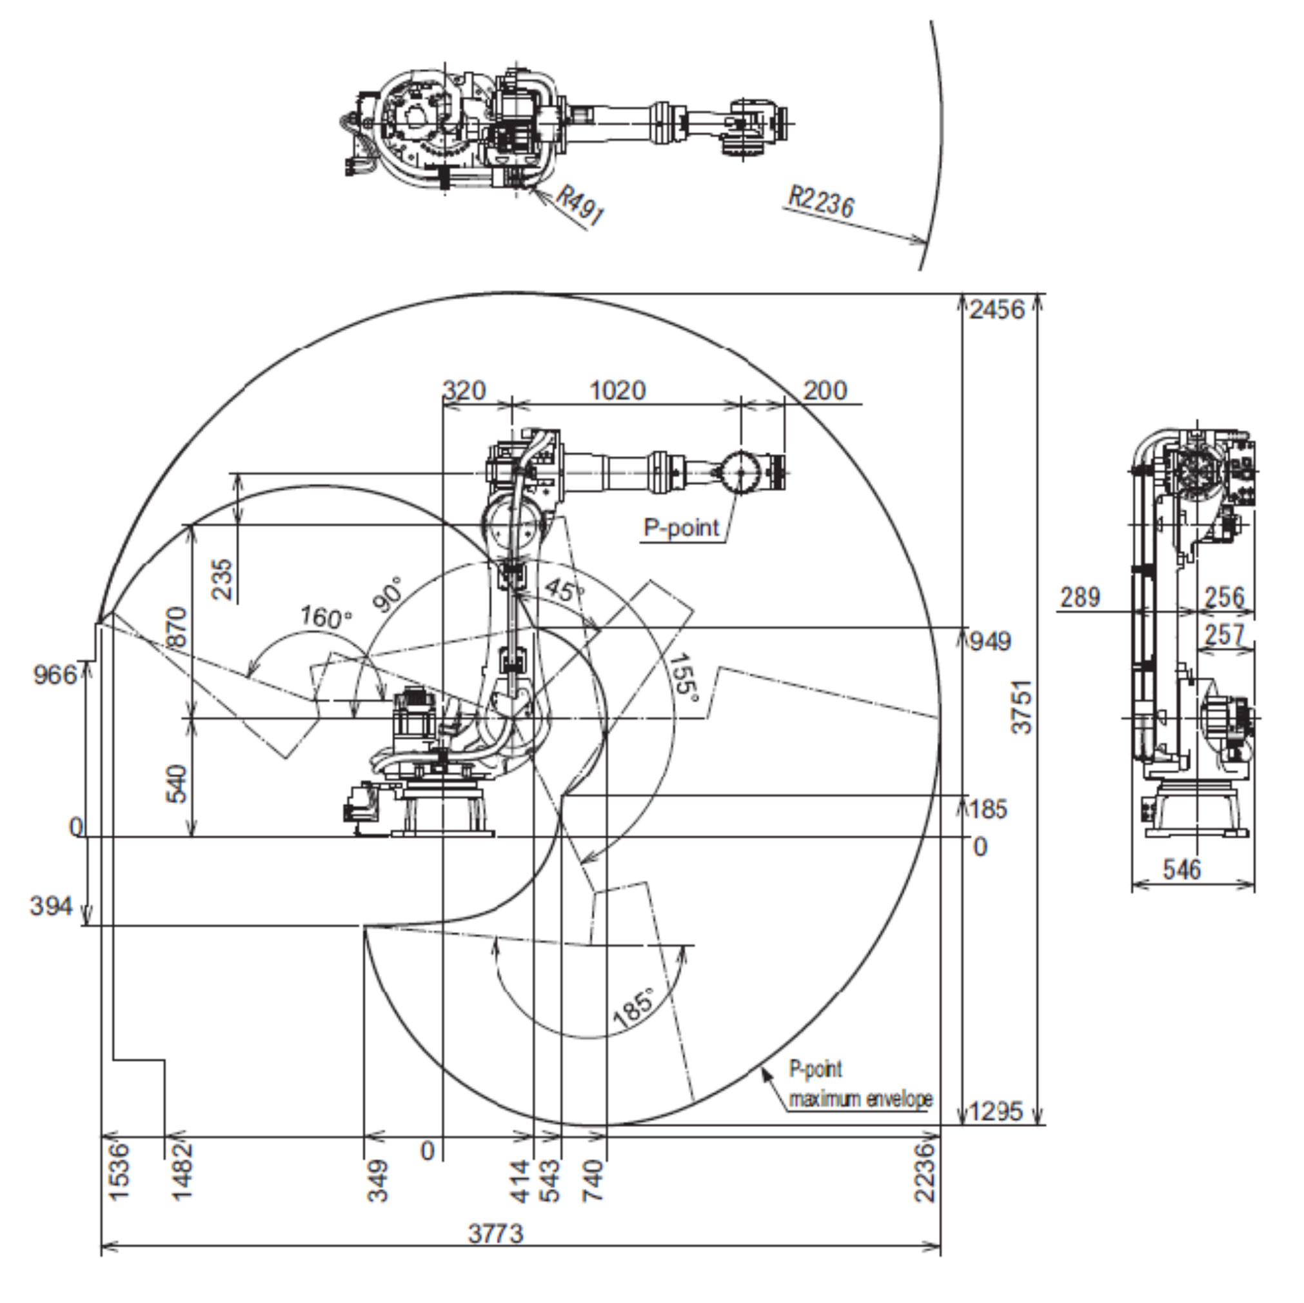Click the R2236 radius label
[x=822, y=201]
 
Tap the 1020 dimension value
[x=618, y=391]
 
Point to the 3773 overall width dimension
[x=496, y=1234]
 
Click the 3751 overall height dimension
[x=1023, y=706]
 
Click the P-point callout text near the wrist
[x=682, y=527]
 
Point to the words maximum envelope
[x=861, y=1099]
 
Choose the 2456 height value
[x=997, y=310]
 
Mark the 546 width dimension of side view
[x=1182, y=870]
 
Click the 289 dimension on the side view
[x=1080, y=597]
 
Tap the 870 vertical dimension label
[x=177, y=626]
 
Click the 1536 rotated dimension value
[x=119, y=1172]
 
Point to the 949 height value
[x=991, y=641]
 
